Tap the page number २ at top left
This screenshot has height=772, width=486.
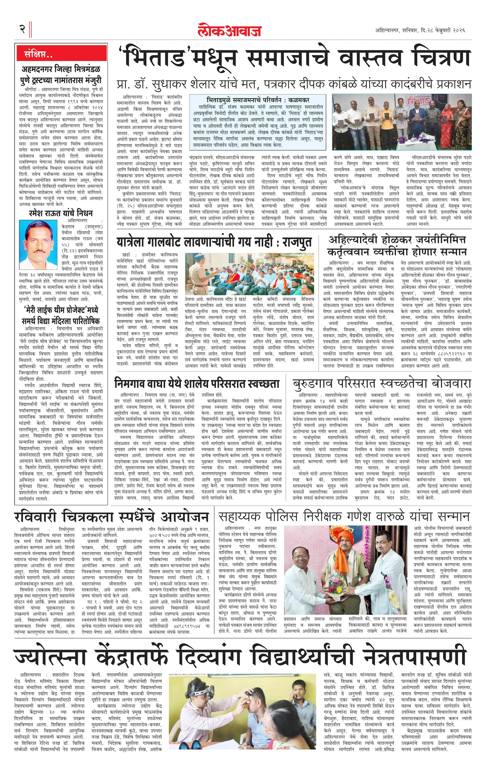(22, 29)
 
